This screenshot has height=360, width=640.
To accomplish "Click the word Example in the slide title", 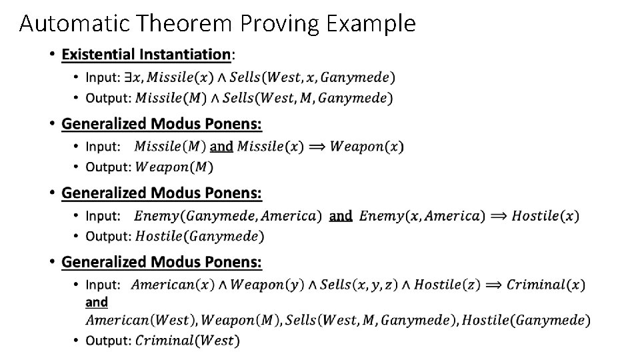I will point(371,23).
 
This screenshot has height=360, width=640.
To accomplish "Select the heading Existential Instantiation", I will point(146,54).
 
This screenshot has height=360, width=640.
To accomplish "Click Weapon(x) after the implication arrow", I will point(367,146).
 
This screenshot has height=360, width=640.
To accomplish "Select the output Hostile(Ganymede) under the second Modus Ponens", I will point(199,236).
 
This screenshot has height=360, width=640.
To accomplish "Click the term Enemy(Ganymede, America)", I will point(227,215).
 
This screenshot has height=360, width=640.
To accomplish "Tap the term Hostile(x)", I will point(551,215).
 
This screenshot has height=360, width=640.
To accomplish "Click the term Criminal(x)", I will point(545,285).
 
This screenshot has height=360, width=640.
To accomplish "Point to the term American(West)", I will point(140,320).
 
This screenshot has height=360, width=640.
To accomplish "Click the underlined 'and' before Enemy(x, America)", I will point(341,215).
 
